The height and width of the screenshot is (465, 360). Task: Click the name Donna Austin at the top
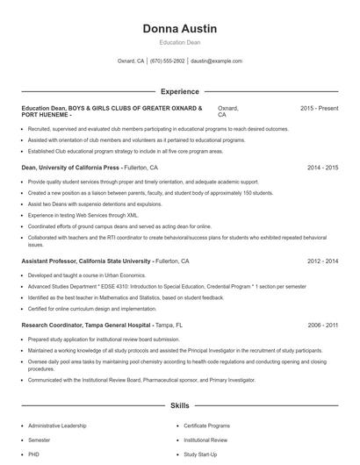click(x=179, y=29)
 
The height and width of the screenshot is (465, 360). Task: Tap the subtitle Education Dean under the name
click(x=179, y=42)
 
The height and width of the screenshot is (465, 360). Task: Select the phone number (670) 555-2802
click(x=167, y=61)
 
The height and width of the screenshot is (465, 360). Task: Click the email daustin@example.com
click(x=216, y=61)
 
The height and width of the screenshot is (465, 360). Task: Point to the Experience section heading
click(x=179, y=91)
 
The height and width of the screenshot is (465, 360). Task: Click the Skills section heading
click(x=179, y=406)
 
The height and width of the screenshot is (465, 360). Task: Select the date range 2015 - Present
click(x=319, y=108)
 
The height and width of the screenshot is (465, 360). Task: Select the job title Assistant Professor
click(x=54, y=261)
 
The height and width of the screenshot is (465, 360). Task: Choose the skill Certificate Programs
click(x=208, y=426)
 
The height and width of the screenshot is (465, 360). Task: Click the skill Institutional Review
click(x=205, y=440)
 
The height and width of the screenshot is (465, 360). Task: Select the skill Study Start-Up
click(x=200, y=454)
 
